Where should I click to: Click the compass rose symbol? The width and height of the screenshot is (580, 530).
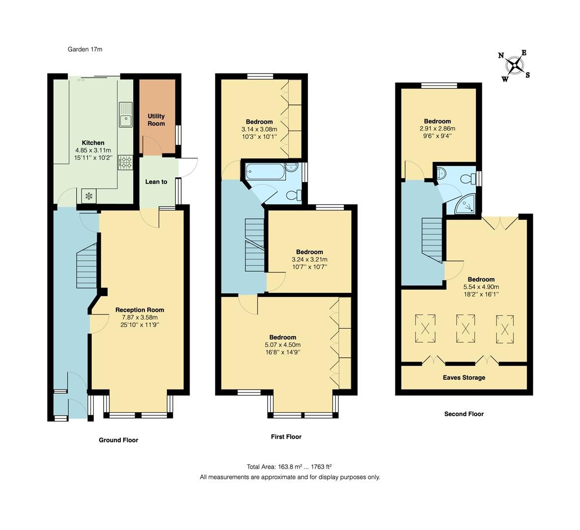[x=515, y=65]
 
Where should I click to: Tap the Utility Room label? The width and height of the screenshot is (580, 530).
[x=156, y=120]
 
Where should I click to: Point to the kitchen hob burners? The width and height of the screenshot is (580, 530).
[x=125, y=162]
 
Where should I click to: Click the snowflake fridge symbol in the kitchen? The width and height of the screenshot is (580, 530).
[x=89, y=196]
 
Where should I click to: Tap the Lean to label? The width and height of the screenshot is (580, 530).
[x=156, y=182]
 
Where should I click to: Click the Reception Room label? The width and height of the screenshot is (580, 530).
[x=139, y=310]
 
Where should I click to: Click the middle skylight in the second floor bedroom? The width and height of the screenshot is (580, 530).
[x=466, y=328]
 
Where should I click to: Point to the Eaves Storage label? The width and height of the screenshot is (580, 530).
[x=464, y=377]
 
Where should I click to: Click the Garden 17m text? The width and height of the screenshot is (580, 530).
[x=84, y=49]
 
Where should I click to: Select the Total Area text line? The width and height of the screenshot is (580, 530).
[x=289, y=467]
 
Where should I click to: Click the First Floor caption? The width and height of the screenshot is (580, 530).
[x=286, y=437]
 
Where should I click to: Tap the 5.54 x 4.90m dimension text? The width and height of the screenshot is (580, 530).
[x=481, y=287]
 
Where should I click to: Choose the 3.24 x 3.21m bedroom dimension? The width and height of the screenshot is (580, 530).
[x=309, y=260]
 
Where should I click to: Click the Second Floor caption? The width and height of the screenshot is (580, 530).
[x=464, y=414]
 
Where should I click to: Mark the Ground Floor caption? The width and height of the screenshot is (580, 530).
[x=118, y=440]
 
